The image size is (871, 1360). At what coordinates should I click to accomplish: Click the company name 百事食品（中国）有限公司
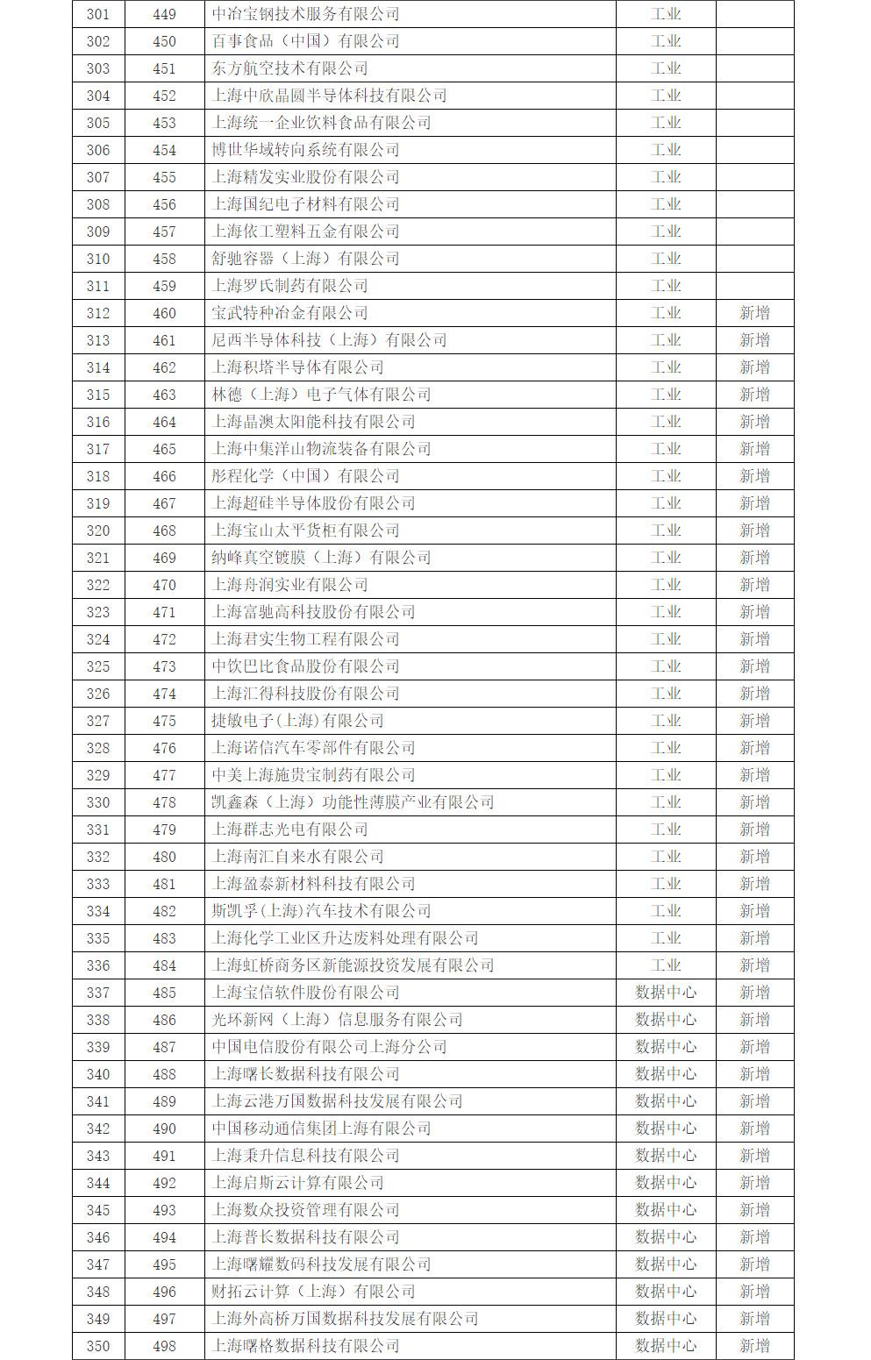(305, 41)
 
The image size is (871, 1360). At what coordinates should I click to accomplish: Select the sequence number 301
(98, 14)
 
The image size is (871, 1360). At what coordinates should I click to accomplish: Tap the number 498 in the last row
(164, 1346)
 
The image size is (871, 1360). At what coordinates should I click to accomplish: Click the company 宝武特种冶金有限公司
(289, 313)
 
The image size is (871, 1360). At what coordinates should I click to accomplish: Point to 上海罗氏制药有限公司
(289, 286)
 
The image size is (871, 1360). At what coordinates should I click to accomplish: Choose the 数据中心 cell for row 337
(666, 993)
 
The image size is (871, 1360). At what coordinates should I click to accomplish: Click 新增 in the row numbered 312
(754, 313)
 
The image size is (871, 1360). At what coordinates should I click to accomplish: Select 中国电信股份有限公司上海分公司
(329, 1047)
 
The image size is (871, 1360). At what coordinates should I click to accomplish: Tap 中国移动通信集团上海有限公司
(321, 1129)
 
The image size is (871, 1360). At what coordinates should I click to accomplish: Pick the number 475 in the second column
(164, 721)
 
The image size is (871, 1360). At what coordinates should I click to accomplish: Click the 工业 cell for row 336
(666, 965)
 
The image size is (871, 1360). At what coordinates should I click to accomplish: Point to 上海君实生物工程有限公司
(305, 639)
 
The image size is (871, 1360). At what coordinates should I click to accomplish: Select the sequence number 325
(98, 666)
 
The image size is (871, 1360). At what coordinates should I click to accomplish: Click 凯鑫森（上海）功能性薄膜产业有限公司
(353, 802)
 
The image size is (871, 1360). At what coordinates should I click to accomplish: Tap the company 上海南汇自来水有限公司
(297, 857)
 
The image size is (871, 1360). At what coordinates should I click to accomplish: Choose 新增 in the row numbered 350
(754, 1346)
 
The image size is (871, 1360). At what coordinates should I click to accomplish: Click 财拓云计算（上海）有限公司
(313, 1292)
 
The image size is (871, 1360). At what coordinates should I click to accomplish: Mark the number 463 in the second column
(164, 395)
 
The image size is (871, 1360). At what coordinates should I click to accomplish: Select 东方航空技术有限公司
(289, 68)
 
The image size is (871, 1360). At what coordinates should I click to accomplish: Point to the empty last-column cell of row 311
(754, 286)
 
